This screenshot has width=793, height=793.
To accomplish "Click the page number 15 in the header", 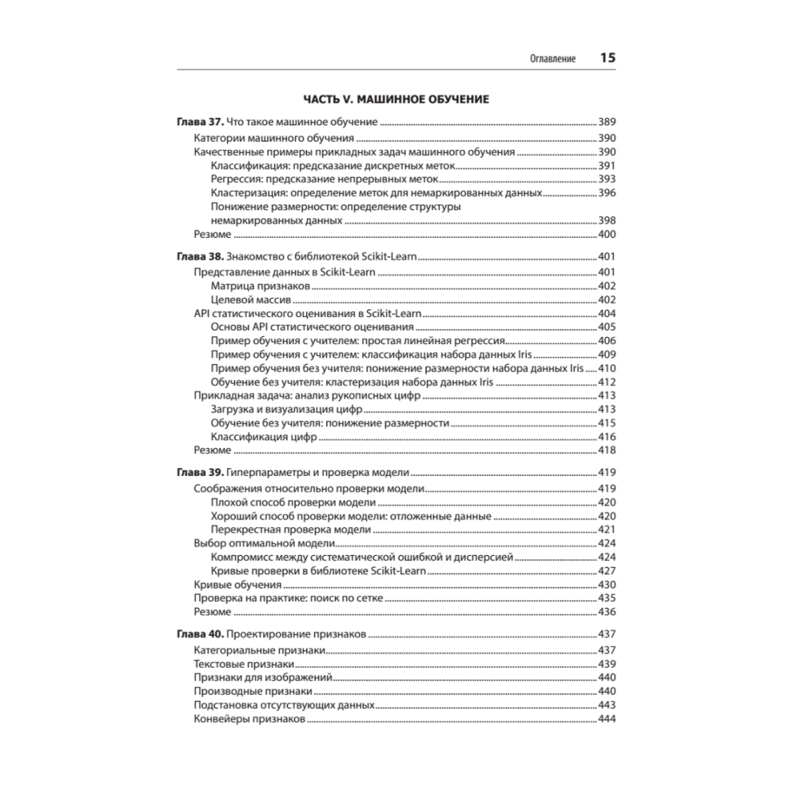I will pyautogui.click(x=607, y=58).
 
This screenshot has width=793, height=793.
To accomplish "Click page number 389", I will pyautogui.click(x=607, y=123).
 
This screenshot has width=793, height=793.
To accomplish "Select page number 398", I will pyautogui.click(x=607, y=220).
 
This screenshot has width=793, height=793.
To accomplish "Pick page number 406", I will pyautogui.click(x=607, y=341).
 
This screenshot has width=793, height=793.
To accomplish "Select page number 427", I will pyautogui.click(x=607, y=571).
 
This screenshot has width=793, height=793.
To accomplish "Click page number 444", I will pyautogui.click(x=607, y=720).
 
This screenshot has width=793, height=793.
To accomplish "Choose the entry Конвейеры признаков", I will pyautogui.click(x=248, y=720).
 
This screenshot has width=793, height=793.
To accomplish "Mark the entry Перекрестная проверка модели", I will pyautogui.click(x=291, y=530).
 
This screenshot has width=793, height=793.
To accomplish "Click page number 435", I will pyautogui.click(x=607, y=598).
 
